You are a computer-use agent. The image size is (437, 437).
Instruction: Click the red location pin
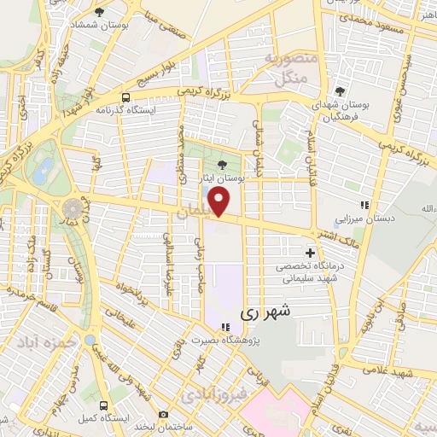[x=220, y=201]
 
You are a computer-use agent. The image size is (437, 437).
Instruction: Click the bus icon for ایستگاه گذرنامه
[x=126, y=96]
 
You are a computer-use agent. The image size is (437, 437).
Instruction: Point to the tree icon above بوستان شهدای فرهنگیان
[x=340, y=92]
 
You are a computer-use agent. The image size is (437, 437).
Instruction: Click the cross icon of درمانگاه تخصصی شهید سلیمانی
[x=310, y=253]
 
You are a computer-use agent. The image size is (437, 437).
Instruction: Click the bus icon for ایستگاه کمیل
[x=103, y=405]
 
